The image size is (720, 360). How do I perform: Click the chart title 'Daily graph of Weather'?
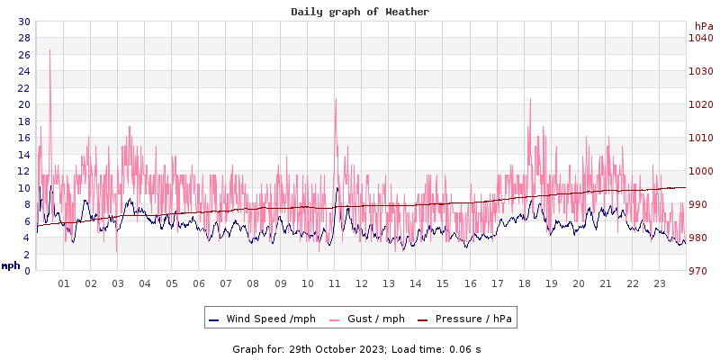pyautogui.click(x=360, y=12)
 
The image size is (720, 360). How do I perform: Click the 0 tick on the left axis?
pyautogui.click(x=26, y=271)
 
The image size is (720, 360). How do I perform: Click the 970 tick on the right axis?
pyautogui.click(x=700, y=271)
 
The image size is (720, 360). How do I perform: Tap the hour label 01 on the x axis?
pyautogui.click(x=64, y=283)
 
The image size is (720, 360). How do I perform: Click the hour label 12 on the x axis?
pyautogui.click(x=362, y=283)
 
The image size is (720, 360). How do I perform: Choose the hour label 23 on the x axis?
pyautogui.click(x=660, y=283)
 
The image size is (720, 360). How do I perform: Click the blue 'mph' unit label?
pyautogui.click(x=11, y=265)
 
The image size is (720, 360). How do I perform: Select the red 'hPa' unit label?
pyautogui.click(x=703, y=26)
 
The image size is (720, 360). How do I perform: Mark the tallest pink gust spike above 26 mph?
pyautogui.click(x=49, y=51)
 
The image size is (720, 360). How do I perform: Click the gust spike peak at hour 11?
pyautogui.click(x=336, y=99)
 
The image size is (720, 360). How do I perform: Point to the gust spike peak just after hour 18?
pyautogui.click(x=530, y=99)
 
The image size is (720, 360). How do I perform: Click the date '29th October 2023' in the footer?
pyautogui.click(x=337, y=348)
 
